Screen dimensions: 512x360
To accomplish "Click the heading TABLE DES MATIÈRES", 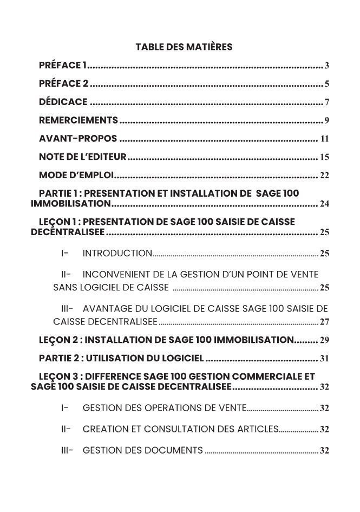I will pyautogui.click(x=184, y=47).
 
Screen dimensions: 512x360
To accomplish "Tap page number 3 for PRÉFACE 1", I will pyautogui.click(x=327, y=66).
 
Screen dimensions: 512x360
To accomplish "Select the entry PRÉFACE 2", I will pyautogui.click(x=63, y=83).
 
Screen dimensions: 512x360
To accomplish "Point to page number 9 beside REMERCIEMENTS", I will pyautogui.click(x=327, y=120).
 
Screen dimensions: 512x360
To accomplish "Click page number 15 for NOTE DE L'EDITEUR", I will pyautogui.click(x=325, y=157).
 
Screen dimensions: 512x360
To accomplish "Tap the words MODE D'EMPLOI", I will pyautogui.click(x=76, y=175).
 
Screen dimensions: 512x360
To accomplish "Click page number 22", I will pyautogui.click(x=325, y=176).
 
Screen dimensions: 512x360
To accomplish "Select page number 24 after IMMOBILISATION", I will pyautogui.click(x=325, y=204).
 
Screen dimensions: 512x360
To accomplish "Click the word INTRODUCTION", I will pyautogui.click(x=117, y=253).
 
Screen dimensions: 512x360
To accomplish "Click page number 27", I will pyautogui.click(x=325, y=322).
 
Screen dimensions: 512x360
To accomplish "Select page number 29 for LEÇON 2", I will pyautogui.click(x=325, y=340).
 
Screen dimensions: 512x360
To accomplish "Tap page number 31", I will pyautogui.click(x=325, y=359).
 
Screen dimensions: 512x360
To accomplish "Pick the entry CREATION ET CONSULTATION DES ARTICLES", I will pyautogui.click(x=180, y=429).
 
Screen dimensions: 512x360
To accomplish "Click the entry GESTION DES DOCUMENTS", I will pyautogui.click(x=142, y=450).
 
